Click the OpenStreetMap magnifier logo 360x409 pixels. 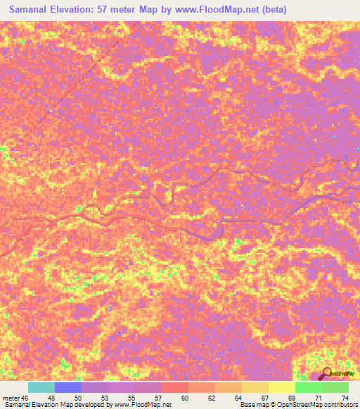[326, 373]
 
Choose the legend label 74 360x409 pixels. [344, 398]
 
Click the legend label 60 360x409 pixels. [184, 398]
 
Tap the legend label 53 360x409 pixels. [104, 398]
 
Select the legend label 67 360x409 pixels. [264, 398]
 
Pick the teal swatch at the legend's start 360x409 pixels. [41, 388]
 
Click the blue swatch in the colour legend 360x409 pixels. [68, 388]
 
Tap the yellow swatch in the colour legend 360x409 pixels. [282, 388]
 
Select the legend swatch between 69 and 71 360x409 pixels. [309, 388]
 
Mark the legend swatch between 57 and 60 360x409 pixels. [175, 388]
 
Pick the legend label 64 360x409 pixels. [237, 398]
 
